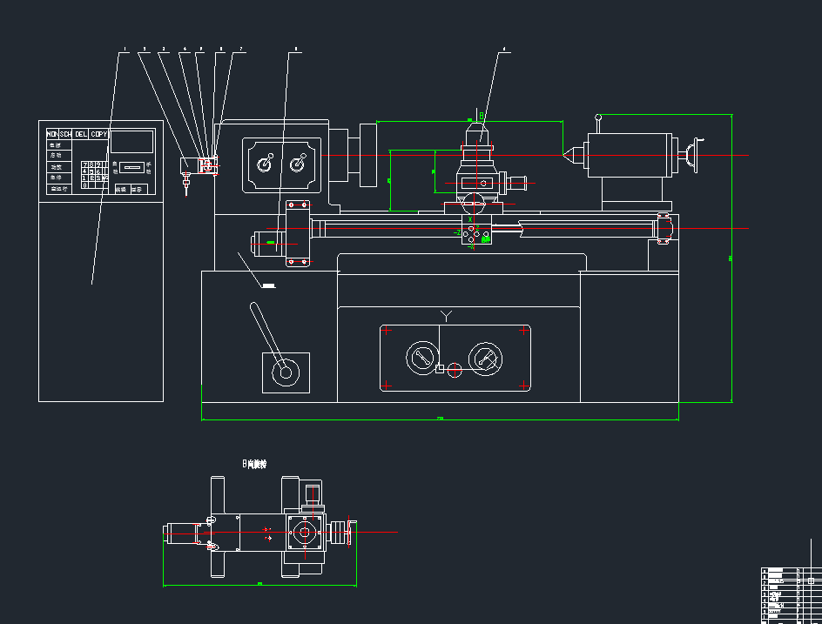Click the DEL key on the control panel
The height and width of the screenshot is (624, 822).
point(81,134)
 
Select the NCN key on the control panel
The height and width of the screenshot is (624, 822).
point(51,134)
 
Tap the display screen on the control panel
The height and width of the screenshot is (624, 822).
point(131,141)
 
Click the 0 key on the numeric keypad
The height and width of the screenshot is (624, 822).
point(84,185)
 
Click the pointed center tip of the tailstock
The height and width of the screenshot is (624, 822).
point(564,155)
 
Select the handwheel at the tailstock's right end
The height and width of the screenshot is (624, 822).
point(693,155)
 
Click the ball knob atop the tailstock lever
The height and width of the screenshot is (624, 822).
point(598,117)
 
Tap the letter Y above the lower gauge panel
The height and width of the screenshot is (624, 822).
point(446,314)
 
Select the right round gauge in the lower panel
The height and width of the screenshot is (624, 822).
point(484,358)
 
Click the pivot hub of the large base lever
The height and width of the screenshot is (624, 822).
point(284,373)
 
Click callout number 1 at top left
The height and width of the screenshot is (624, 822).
point(124,49)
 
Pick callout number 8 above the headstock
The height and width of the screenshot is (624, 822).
point(296,49)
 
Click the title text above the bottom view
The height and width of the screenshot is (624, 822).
point(254,464)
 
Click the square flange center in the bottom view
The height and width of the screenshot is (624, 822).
point(304,532)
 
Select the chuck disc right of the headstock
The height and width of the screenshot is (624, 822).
point(367,154)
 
